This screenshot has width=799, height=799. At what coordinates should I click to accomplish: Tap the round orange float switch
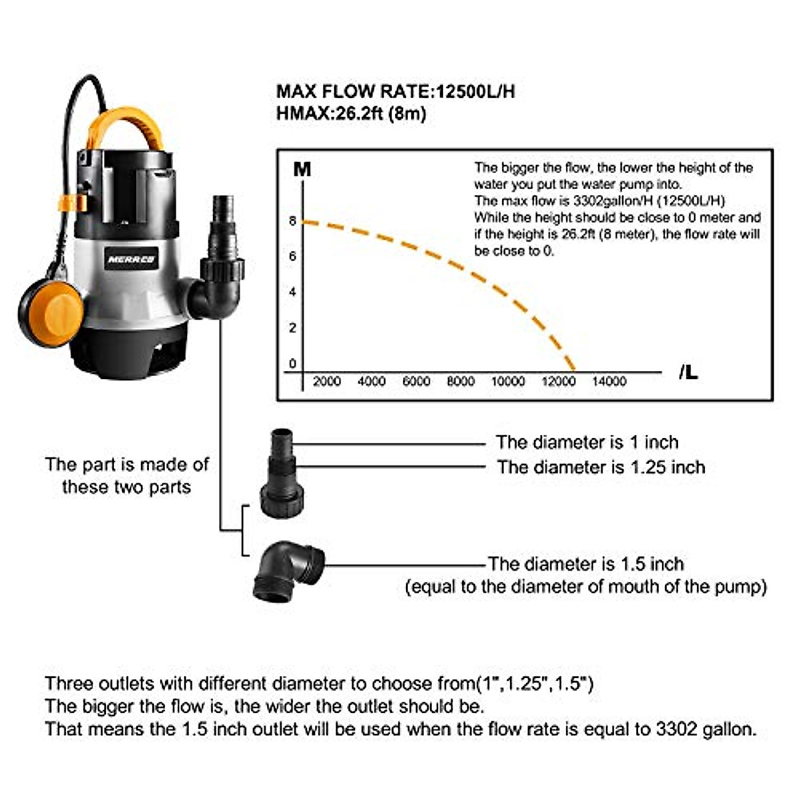pyautogui.click(x=52, y=312)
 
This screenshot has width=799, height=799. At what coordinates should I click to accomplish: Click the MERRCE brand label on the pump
pyautogui.click(x=131, y=259)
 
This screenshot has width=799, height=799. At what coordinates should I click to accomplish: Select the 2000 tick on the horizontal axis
pyautogui.click(x=326, y=382)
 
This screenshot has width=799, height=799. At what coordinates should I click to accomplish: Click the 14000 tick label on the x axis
pyautogui.click(x=609, y=382)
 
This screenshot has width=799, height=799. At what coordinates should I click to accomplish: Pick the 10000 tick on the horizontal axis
pyautogui.click(x=507, y=382)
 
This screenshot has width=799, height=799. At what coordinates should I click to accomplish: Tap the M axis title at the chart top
pyautogui.click(x=302, y=169)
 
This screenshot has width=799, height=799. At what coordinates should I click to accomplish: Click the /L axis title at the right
pyautogui.click(x=688, y=373)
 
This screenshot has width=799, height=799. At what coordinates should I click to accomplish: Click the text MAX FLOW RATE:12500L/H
pyautogui.click(x=396, y=91)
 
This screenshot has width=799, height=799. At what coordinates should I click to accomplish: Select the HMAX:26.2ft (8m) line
pyautogui.click(x=351, y=113)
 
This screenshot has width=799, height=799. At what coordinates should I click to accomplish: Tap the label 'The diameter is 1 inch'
pyautogui.click(x=587, y=442)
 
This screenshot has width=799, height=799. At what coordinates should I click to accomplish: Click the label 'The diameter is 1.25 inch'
pyautogui.click(x=601, y=467)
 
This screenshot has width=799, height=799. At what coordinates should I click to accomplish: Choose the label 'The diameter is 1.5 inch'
pyautogui.click(x=585, y=564)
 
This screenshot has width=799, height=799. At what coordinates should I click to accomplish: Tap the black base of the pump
pyautogui.click(x=130, y=353)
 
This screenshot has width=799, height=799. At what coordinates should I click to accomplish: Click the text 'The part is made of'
pyautogui.click(x=127, y=464)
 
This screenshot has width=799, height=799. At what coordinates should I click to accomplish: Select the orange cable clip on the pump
pyautogui.click(x=72, y=202)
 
